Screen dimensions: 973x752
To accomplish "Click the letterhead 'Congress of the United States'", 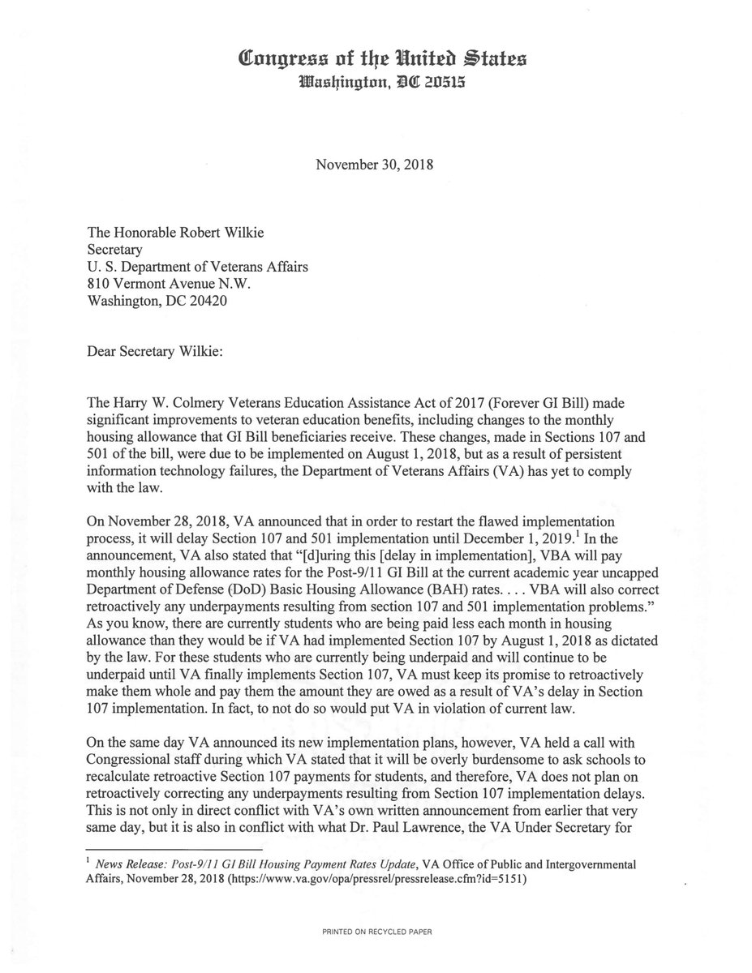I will [376, 58].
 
